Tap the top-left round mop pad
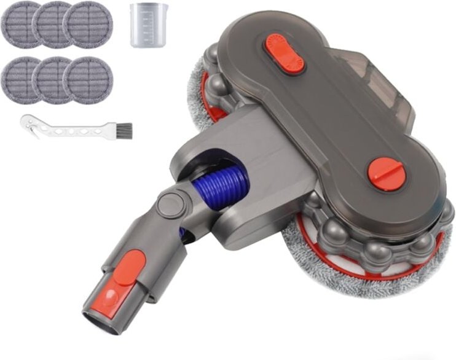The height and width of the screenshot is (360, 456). [20, 23]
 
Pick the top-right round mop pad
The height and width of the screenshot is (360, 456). [87, 25]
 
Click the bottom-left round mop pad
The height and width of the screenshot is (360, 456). [20, 79]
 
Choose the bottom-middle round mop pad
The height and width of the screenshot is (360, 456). [53, 80]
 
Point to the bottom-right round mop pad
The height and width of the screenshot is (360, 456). [87, 80]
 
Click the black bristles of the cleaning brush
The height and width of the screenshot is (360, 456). [124, 130]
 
